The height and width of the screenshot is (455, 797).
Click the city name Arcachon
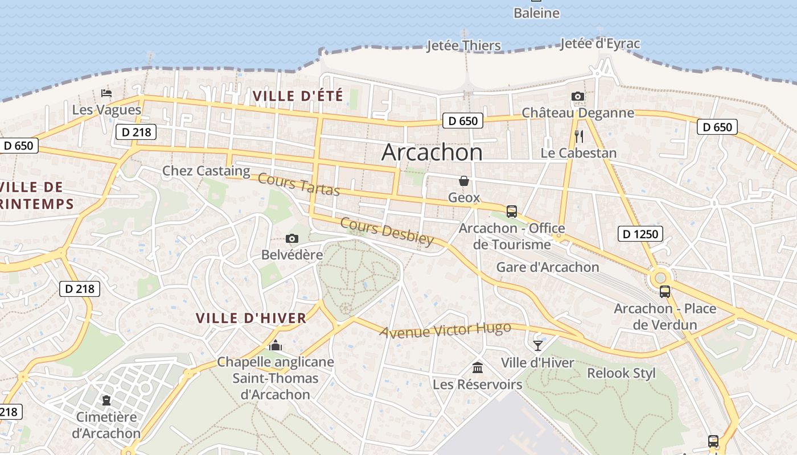click(432, 152)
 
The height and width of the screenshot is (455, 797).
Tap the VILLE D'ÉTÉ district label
click(298, 96)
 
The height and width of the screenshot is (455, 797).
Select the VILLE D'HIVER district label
click(251, 318)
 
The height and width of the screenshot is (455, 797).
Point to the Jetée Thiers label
click(463, 45)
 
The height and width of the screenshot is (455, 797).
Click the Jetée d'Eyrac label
click(599, 44)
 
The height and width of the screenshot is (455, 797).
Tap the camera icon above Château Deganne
click(578, 96)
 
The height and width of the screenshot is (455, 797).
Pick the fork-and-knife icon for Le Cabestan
click(578, 136)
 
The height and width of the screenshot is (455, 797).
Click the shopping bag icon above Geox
click(464, 181)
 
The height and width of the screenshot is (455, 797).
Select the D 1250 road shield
click(640, 233)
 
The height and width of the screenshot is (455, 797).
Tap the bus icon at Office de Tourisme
click(511, 212)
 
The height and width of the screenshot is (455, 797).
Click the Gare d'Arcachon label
click(547, 267)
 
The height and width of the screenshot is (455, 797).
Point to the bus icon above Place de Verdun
click(664, 292)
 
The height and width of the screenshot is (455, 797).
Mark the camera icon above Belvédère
click(292, 238)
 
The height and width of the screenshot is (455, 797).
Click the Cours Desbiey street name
click(387, 231)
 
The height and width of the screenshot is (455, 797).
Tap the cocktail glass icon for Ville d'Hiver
click(537, 345)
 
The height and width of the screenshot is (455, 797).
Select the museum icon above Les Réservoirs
click(478, 368)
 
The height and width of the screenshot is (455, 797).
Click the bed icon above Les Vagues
click(106, 93)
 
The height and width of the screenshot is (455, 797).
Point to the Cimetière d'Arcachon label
click(106, 425)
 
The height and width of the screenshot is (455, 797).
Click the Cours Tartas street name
click(299, 184)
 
